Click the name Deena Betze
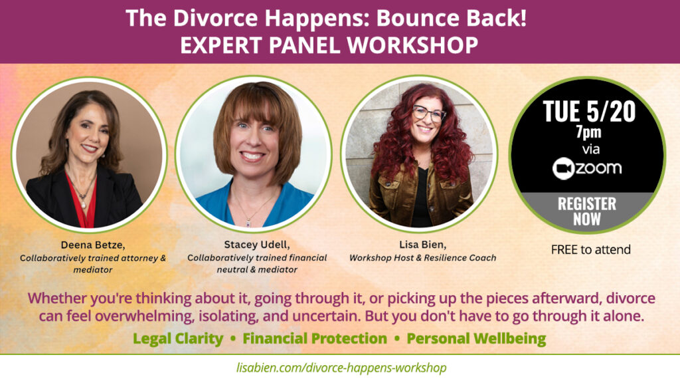coord(92,245)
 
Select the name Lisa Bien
coord(422,245)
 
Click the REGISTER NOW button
coord(587,211)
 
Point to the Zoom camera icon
coord(563,169)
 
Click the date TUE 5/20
coord(589,111)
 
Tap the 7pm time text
coord(588,132)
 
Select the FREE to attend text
coord(590,249)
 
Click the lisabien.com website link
coord(341,368)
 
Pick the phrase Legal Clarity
coord(178,338)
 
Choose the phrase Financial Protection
coord(315,338)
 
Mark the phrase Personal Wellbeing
coord(476,338)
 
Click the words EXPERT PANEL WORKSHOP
coord(329,45)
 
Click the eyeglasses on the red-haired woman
coord(428,114)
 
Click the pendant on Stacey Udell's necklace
coord(248,223)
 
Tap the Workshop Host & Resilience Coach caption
coord(422,258)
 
